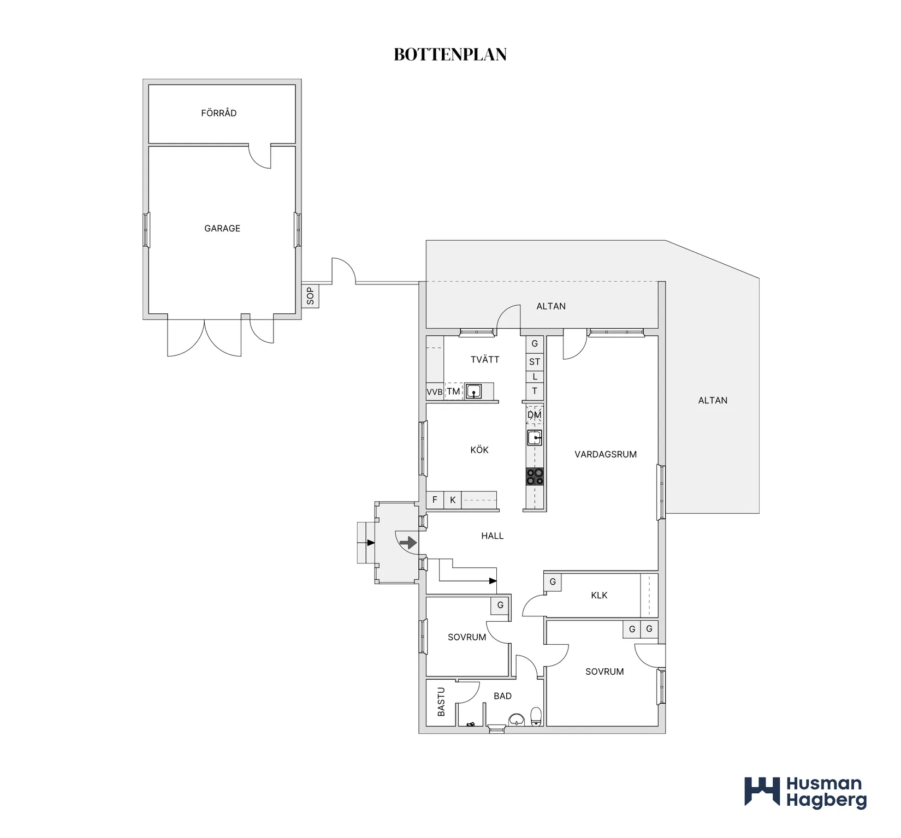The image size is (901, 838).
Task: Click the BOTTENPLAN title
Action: coord(450,55)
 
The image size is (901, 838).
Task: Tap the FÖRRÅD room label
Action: coord(219,113)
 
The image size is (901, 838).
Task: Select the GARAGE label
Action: coord(222,228)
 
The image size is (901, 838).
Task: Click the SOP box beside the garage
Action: coord(310,296)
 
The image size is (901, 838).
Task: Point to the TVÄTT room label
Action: coord(485,359)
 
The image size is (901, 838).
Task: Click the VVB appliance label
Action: coord(435,392)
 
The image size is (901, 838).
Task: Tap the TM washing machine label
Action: coord(453,391)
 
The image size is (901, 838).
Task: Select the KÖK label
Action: coord(479,450)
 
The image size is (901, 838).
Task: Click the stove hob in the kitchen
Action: coord(535,477)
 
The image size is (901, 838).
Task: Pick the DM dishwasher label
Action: coord(535,415)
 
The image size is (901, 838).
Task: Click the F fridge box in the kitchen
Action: coord(435,500)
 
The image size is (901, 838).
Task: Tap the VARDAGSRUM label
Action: coord(606,454)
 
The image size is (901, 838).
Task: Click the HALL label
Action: coord(493,536)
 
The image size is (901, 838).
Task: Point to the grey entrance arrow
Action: coord(408,543)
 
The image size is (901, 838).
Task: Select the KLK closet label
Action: coord(599,595)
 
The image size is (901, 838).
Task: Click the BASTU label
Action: coord(441,702)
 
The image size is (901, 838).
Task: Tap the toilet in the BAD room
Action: coord(536,717)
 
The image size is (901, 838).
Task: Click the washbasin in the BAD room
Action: coord(516,720)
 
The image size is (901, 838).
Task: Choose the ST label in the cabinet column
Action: coord(535,362)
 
